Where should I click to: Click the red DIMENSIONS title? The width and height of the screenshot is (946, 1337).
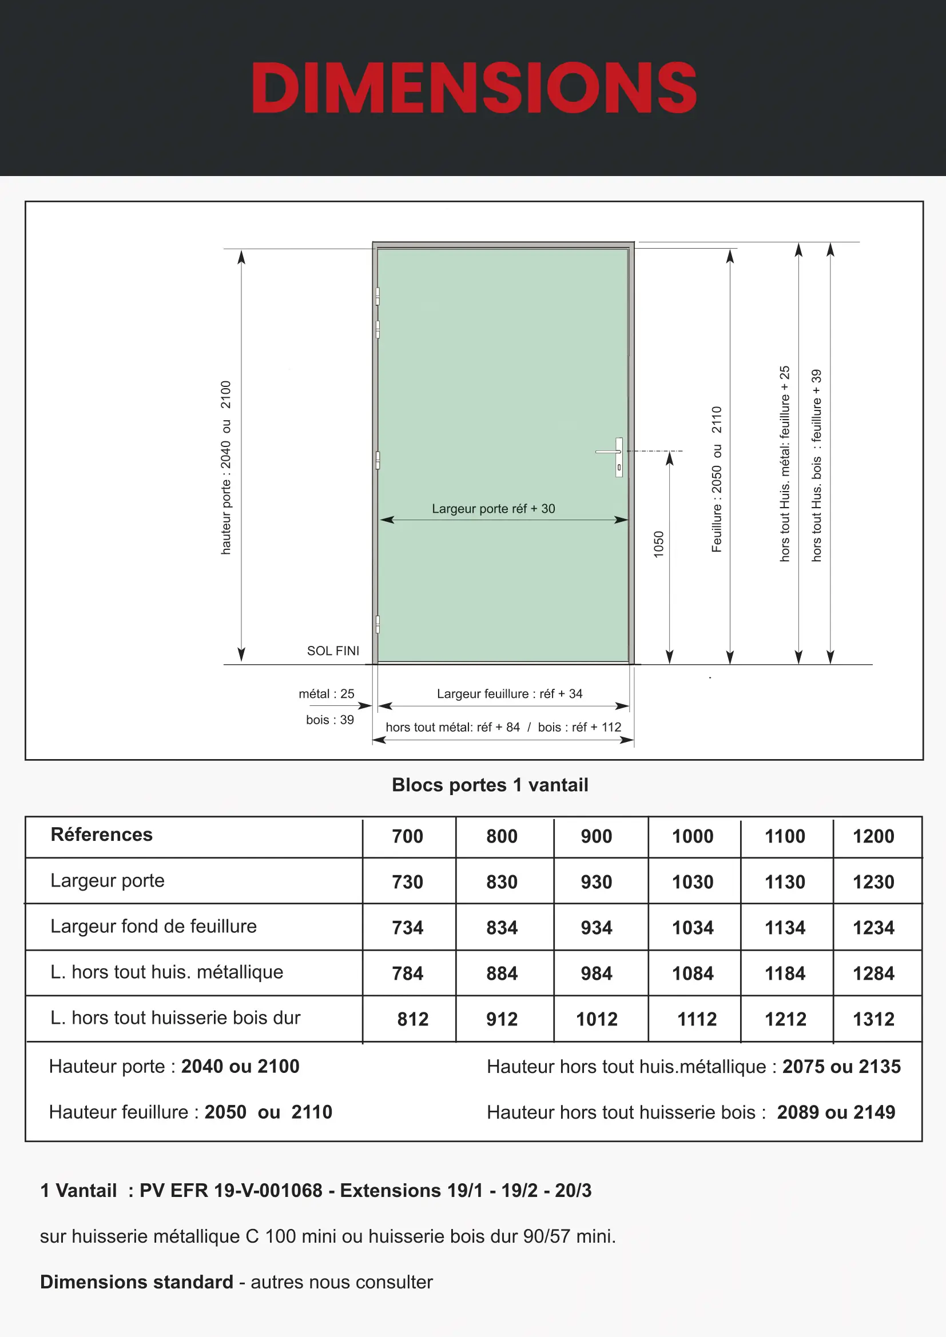tap(474, 88)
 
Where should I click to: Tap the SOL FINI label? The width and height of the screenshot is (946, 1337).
tap(333, 651)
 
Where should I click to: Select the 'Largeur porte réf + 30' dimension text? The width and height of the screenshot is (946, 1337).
tap(493, 509)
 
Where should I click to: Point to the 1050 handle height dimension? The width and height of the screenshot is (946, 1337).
tap(659, 545)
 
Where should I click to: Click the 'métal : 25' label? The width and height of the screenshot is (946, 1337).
tap(326, 693)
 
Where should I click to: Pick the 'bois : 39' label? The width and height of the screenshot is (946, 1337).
tap(329, 720)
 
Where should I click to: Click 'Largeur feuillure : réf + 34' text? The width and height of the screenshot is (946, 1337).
tap(509, 693)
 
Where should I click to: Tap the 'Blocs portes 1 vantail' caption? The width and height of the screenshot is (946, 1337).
tap(490, 785)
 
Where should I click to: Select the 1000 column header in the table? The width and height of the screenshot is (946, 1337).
tap(693, 837)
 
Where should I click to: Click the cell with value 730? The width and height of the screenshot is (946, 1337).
tap(407, 882)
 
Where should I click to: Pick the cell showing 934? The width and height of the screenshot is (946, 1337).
tap(596, 928)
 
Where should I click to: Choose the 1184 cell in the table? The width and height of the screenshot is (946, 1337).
tap(785, 973)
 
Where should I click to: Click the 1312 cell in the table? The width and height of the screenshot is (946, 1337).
tap(873, 1019)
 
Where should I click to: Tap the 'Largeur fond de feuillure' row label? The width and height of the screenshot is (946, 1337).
tap(153, 927)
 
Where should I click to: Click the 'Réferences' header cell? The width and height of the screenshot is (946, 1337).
tap(101, 835)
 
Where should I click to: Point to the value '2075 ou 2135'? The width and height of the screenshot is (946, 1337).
tap(841, 1066)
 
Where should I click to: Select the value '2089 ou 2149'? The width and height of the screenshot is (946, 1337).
tap(836, 1112)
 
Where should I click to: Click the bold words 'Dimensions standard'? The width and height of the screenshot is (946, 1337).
tap(136, 1282)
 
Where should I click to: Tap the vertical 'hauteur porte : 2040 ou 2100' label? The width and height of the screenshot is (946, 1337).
tap(226, 468)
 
